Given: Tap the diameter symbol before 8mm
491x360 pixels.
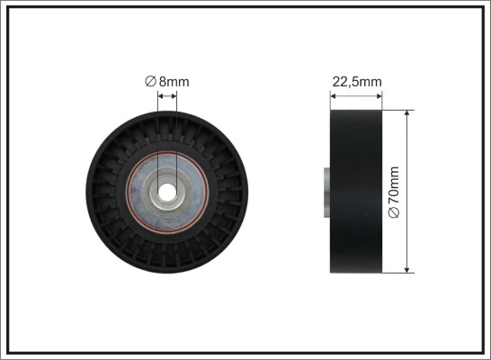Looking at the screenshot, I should coord(150,82).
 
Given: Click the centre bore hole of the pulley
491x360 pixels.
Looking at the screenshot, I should coord(166,192).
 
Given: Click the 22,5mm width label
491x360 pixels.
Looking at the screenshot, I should coord(357,82).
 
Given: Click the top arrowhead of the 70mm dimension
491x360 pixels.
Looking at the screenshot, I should coord(408,114).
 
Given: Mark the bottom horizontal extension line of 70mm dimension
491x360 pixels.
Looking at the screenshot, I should coord(400,273).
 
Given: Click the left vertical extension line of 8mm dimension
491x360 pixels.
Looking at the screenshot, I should coord(157,135).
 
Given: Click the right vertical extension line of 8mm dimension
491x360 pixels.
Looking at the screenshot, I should coord(176,135).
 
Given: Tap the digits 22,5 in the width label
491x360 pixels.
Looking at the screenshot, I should coord(346,82).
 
